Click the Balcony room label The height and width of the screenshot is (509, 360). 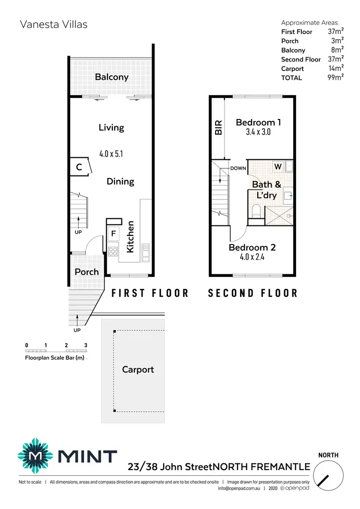tap(111, 77)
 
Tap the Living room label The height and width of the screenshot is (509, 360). tap(111, 128)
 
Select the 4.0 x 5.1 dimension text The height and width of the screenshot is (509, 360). tap(111, 154)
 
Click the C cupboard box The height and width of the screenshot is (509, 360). tap(79, 167)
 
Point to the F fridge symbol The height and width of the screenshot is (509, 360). tap(113, 234)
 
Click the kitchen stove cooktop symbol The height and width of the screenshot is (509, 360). tap(113, 251)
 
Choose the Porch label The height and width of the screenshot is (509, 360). tap(86, 272)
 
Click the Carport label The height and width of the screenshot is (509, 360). tap(138, 369)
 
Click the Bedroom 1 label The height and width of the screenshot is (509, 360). tap(258, 122)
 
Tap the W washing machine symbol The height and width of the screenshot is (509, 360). tap(277, 166)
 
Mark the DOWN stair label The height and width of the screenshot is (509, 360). tap(238, 168)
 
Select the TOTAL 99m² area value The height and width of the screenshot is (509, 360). tap(336, 78)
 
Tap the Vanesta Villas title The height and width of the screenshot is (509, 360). tap(53, 24)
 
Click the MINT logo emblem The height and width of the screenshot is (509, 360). tap(36, 456)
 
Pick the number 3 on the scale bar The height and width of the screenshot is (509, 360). tap(85, 345)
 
